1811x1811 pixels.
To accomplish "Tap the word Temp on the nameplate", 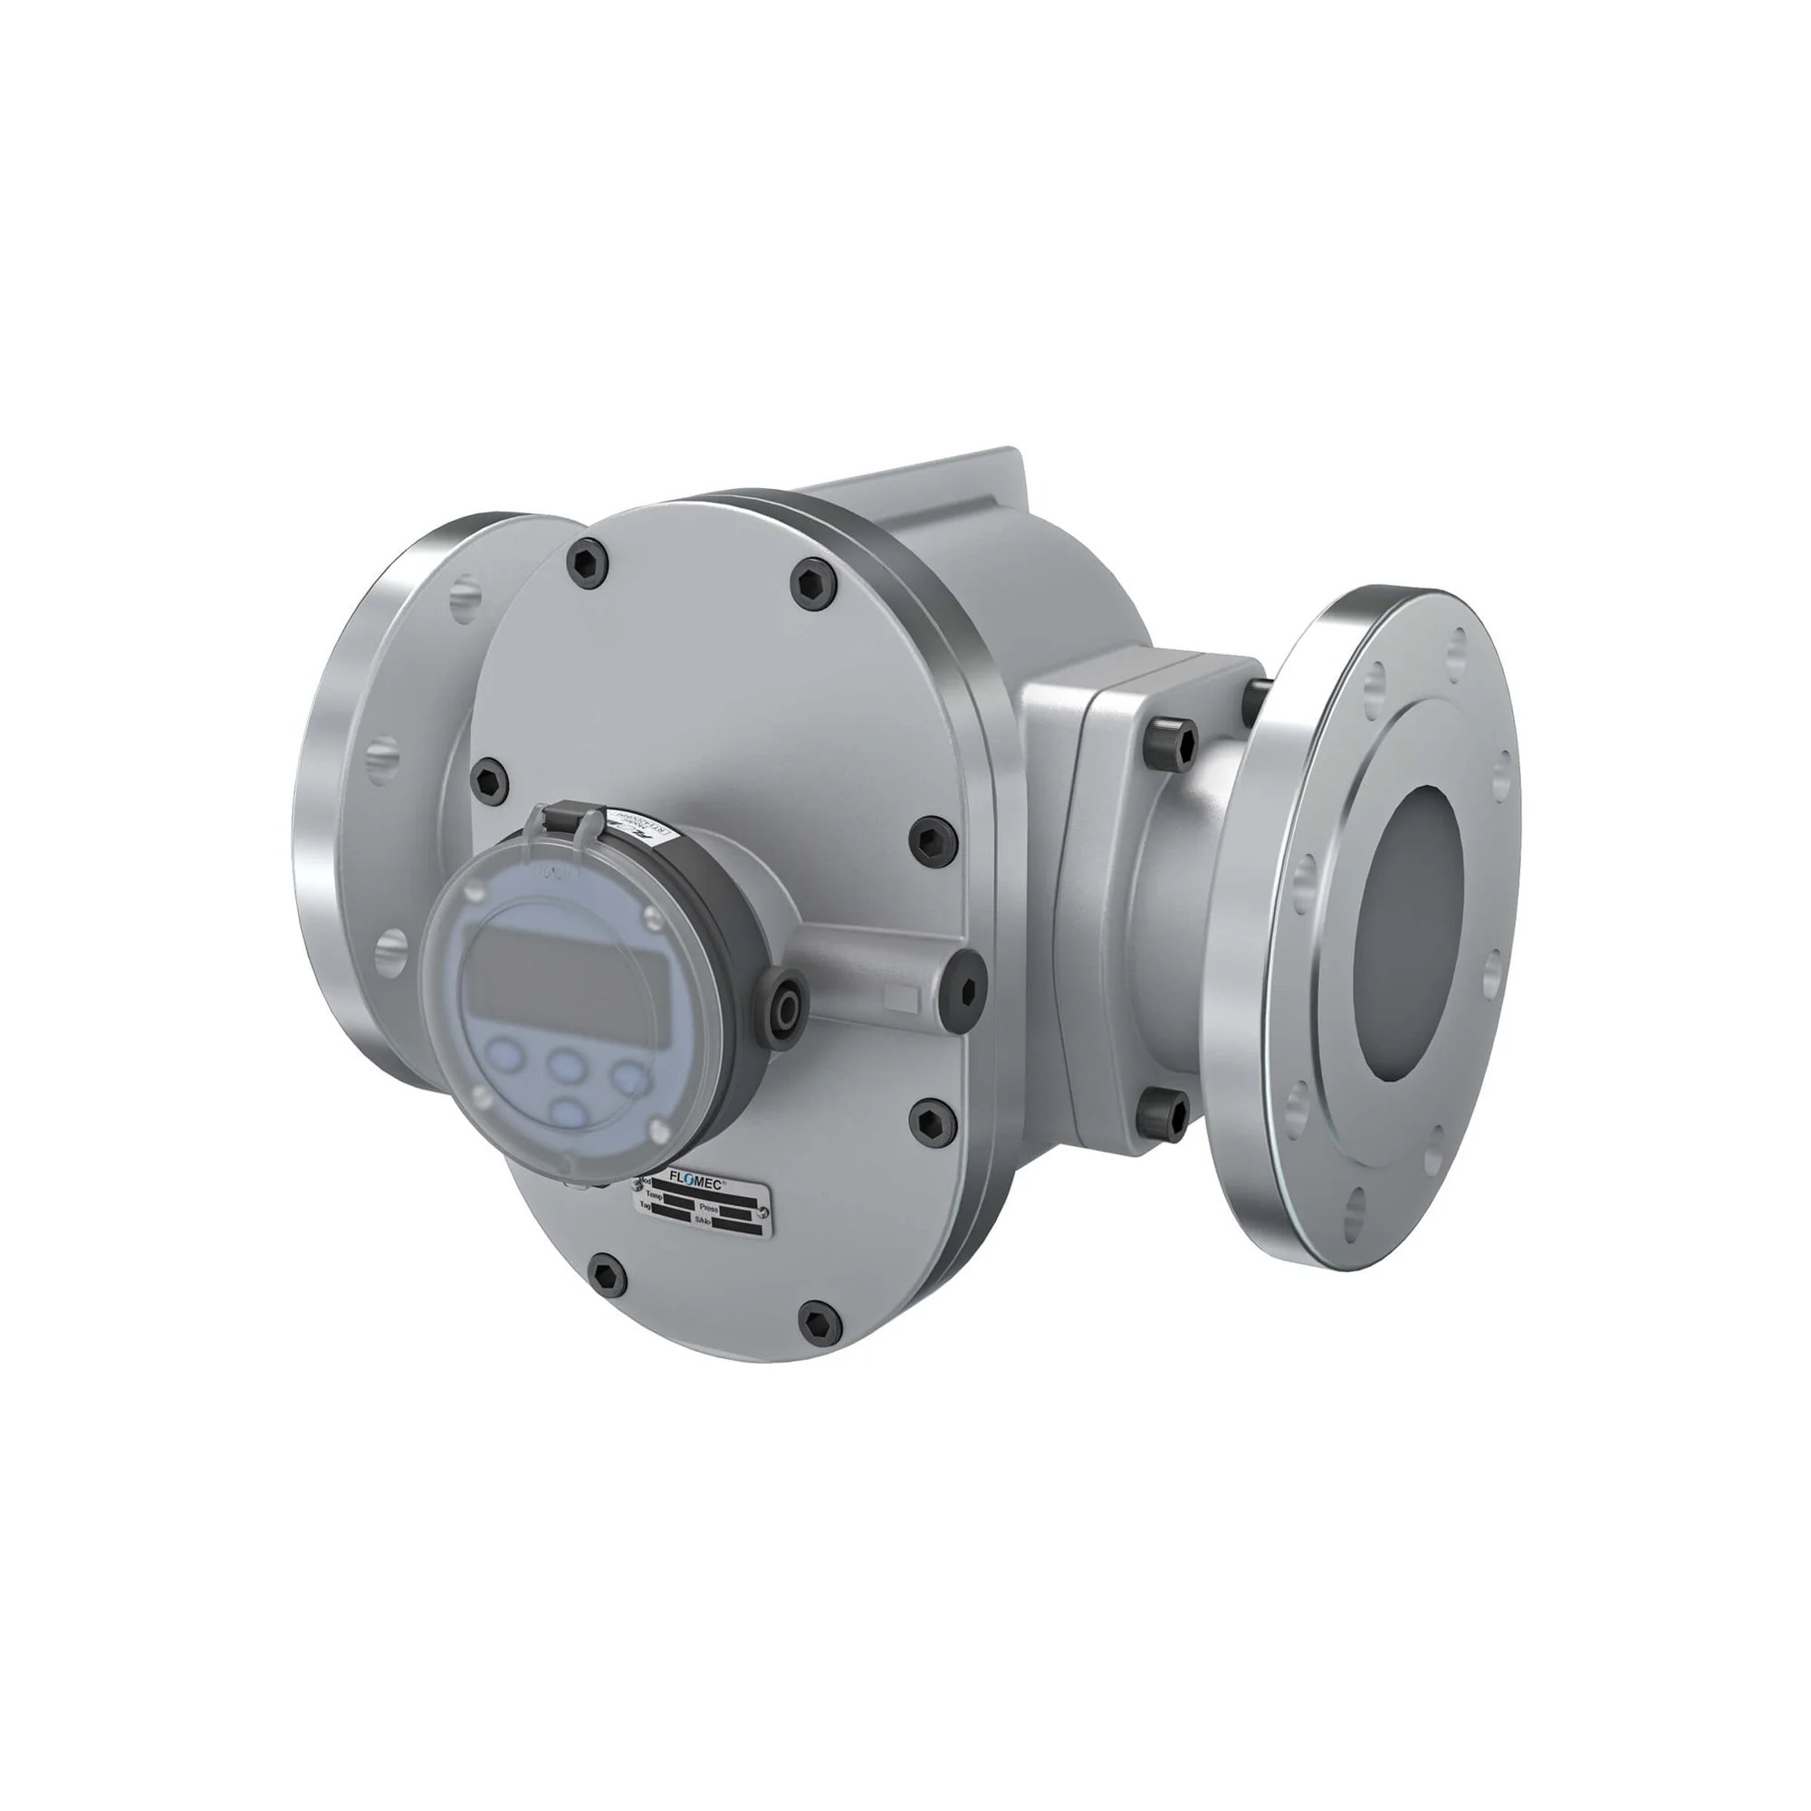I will coord(655,1196).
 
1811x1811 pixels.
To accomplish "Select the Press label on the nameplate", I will coord(709,1208).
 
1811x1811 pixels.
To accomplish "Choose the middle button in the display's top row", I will coord(565,1064).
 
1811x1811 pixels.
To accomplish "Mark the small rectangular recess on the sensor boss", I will coord(902,997).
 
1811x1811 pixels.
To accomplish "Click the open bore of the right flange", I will coord(1410,932).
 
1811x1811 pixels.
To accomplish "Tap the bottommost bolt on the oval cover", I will coord(819,1322).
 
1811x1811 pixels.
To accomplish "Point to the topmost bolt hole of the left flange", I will coord(465,596).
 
